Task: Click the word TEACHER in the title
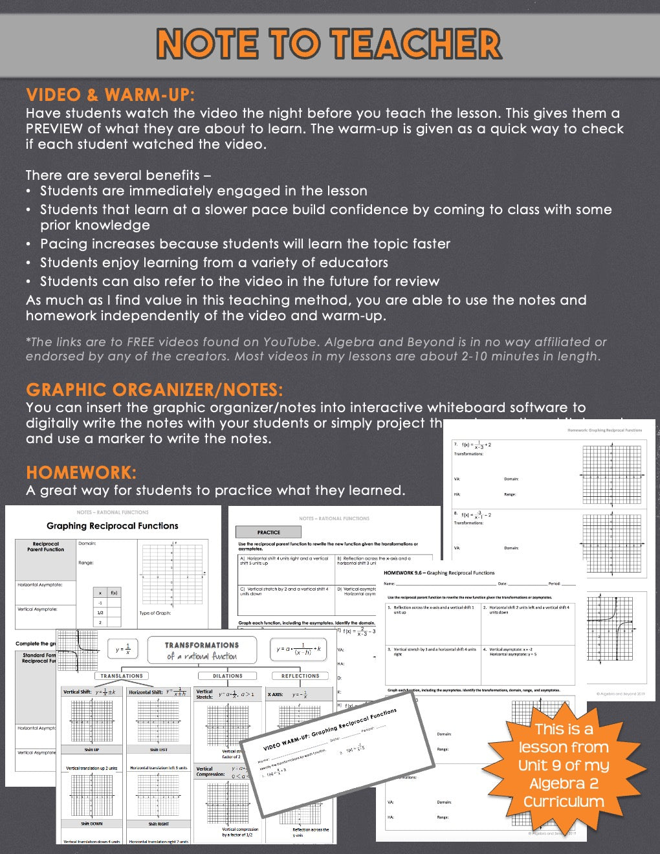(417, 44)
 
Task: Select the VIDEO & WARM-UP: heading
(110, 95)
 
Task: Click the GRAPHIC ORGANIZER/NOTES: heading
(154, 390)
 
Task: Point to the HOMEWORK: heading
(81, 472)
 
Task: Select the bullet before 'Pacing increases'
(28, 245)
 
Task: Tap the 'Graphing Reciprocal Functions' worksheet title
(112, 526)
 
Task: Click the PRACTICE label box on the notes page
(269, 532)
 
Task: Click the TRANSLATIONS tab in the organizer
(122, 676)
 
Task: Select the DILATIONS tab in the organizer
(228, 676)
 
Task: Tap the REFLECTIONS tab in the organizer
(300, 676)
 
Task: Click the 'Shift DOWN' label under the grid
(91, 824)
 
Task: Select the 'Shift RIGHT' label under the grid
(159, 824)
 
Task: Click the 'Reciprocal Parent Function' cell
(45, 547)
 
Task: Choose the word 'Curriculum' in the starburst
(564, 802)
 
